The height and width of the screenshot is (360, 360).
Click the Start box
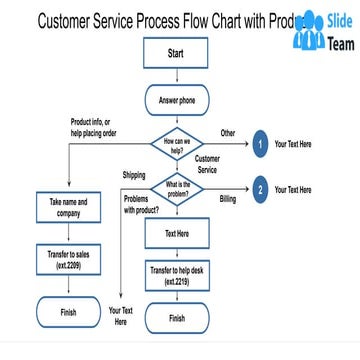175,53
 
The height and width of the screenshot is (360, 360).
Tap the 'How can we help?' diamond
175,143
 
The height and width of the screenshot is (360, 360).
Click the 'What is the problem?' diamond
177,189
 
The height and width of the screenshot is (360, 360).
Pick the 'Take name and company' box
68,207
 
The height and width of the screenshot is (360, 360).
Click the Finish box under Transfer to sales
68,311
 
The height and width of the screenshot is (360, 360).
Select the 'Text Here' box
175,234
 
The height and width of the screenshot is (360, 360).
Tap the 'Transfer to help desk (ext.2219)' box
175,277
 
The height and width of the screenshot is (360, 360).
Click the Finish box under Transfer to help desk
176,318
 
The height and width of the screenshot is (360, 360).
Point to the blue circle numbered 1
260,144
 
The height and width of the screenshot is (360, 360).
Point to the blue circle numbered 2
260,190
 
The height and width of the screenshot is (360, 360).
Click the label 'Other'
228,132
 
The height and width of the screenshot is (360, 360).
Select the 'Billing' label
227,200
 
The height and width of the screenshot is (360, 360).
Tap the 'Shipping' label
134,175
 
